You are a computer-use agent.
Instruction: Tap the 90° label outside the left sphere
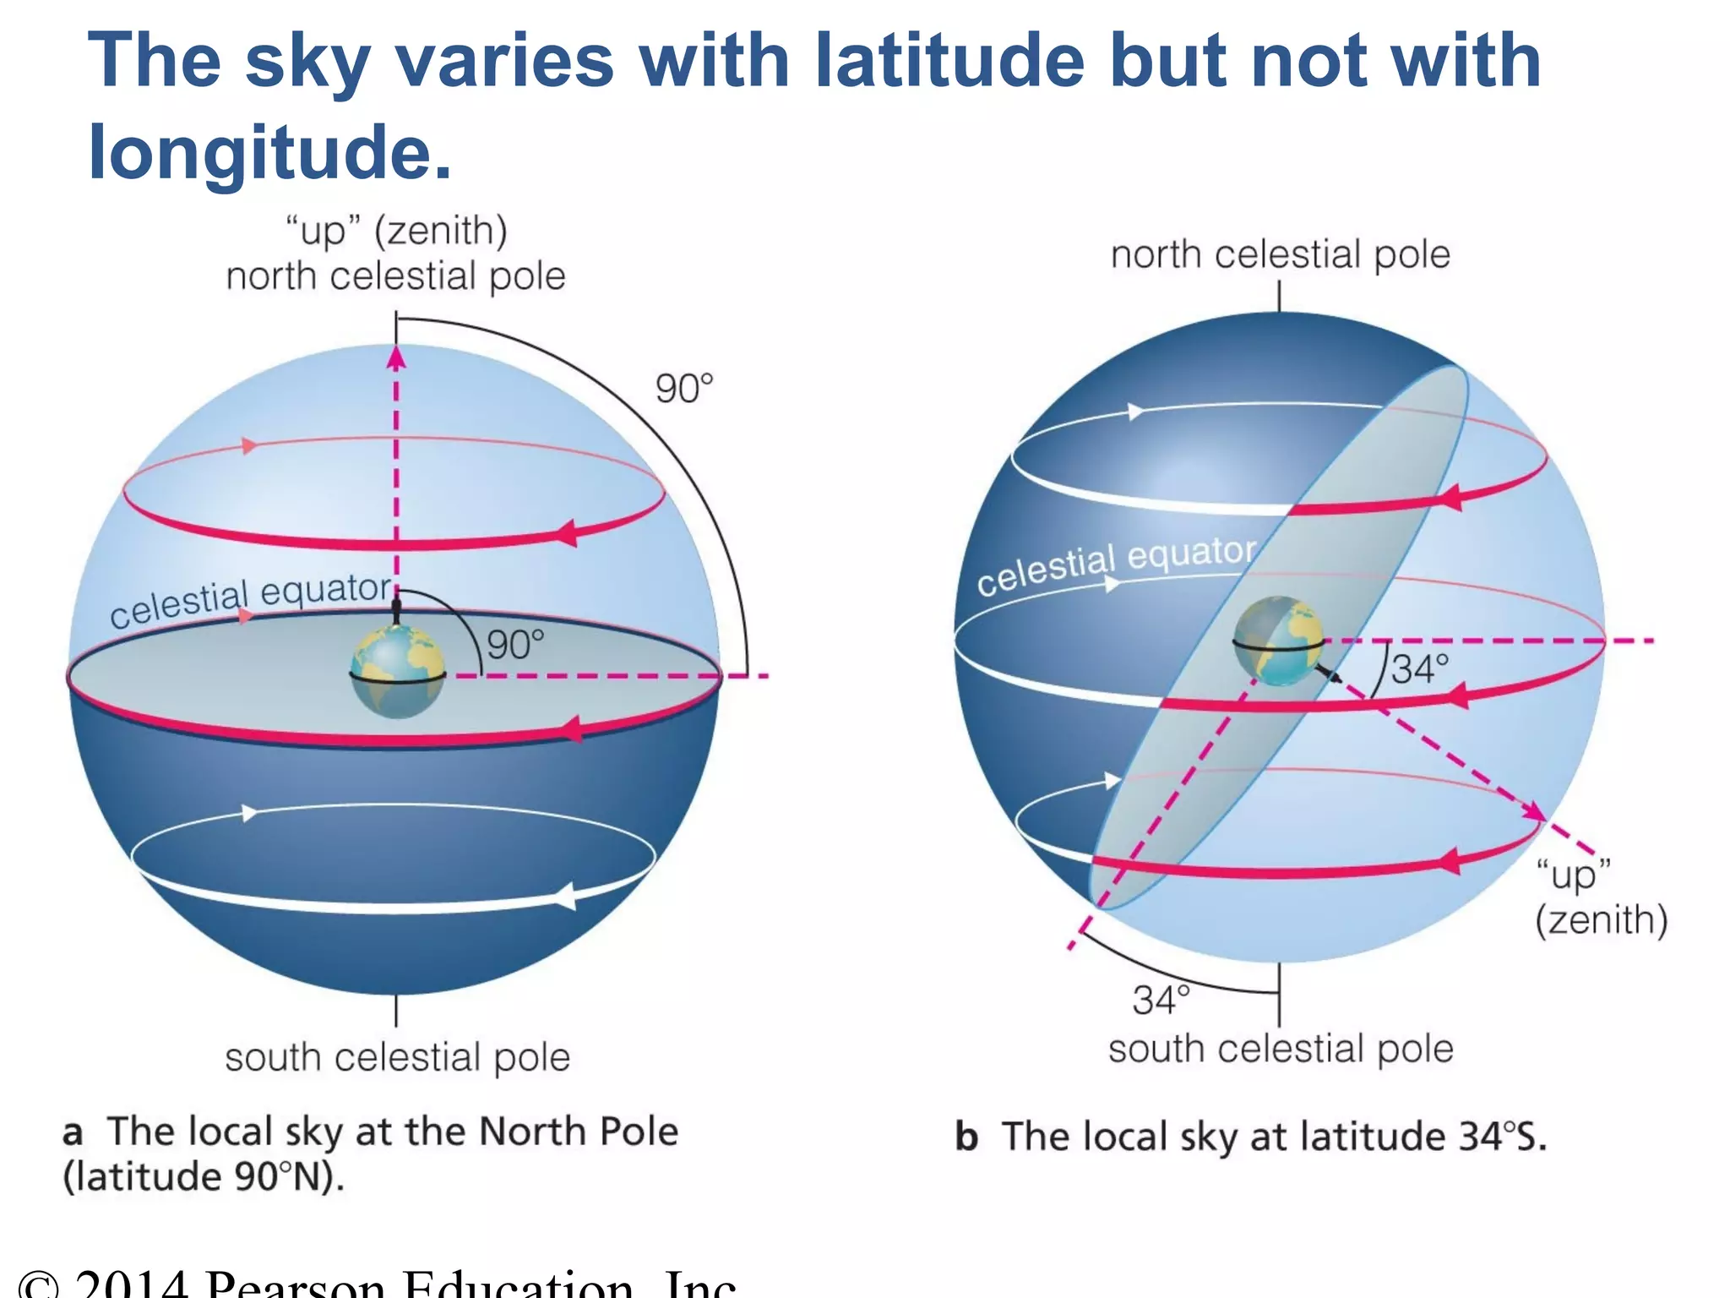click(x=684, y=390)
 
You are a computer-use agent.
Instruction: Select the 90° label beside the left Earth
click(x=515, y=646)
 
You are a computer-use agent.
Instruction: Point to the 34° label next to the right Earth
click(x=1420, y=670)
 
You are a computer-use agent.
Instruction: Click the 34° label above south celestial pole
click(x=1161, y=1001)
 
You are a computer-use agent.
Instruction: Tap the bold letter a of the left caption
click(x=73, y=1132)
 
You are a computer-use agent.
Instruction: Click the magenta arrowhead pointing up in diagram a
click(x=396, y=358)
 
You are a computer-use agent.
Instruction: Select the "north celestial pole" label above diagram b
click(x=1280, y=254)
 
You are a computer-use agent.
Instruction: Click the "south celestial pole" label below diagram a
click(x=397, y=1057)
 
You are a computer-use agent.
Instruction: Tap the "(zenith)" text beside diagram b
click(x=1601, y=920)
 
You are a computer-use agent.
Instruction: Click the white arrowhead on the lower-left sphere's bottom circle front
click(x=564, y=896)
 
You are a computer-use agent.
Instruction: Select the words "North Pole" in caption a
click(x=579, y=1132)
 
